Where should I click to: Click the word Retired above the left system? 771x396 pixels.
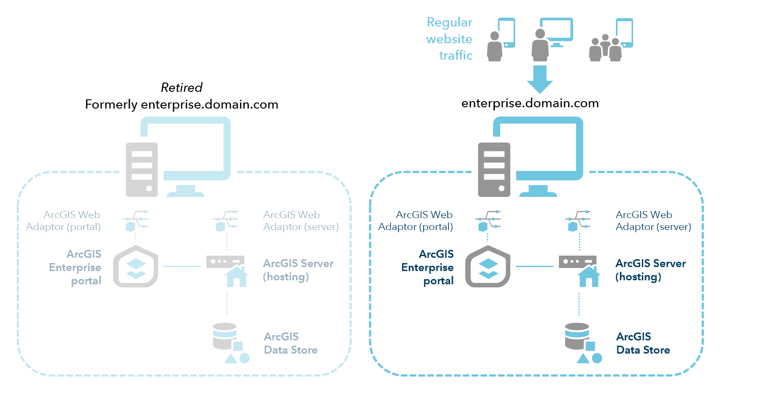tap(182, 87)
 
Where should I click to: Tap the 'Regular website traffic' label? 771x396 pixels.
tap(449, 39)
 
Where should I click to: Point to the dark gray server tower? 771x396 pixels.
tap(494, 170)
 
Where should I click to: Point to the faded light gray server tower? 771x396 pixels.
tap(142, 170)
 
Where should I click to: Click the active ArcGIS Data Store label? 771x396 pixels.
tap(643, 343)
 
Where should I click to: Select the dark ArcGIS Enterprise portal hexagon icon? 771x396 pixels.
tap(488, 267)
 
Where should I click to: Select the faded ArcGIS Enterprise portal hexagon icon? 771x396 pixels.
tap(136, 267)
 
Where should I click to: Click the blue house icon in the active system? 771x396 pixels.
tap(589, 276)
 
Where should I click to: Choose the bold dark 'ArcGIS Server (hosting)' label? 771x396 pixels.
tap(650, 270)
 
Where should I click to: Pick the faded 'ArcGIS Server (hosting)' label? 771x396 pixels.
tap(298, 270)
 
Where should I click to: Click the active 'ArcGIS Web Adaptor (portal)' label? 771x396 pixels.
tap(416, 221)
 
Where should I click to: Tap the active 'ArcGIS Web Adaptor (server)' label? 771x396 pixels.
tap(653, 221)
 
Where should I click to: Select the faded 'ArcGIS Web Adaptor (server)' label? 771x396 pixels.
tap(301, 221)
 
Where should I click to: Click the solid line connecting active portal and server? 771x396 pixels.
tap(535, 266)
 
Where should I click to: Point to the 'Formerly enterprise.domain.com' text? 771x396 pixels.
tap(182, 105)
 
